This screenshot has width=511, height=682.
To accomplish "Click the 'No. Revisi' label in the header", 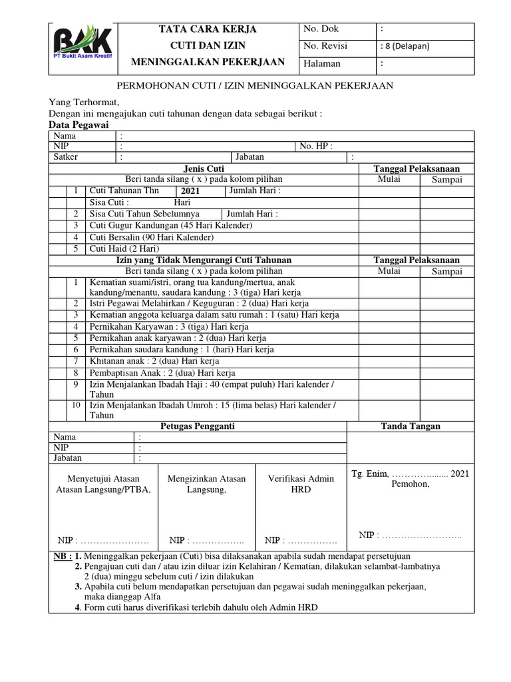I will click(x=325, y=46).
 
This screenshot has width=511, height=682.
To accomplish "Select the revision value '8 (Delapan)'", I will click(x=406, y=46).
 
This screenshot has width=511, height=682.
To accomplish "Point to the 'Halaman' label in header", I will click(x=322, y=64).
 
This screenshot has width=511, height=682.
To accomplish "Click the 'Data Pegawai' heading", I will click(x=79, y=125).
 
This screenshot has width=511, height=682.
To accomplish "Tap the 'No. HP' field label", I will click(x=316, y=147).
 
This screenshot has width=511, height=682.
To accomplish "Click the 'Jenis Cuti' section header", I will click(x=204, y=169).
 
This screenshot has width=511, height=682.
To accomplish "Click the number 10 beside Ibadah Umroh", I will click(x=76, y=405).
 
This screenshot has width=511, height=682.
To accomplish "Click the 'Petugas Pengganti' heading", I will click(x=198, y=426).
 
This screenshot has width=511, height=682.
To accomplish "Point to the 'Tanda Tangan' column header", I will click(x=410, y=426).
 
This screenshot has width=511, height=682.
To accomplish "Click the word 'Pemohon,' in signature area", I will click(x=411, y=484).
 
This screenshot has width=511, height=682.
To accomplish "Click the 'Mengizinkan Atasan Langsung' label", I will click(x=206, y=484).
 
